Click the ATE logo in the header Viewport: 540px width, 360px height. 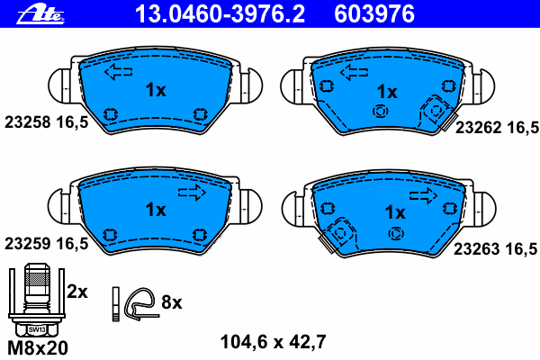point(40,14)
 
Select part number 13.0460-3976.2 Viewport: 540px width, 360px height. point(220,14)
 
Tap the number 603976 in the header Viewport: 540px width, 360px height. point(374,14)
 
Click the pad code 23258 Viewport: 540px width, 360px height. point(28,122)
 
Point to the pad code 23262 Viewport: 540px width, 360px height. point(479,128)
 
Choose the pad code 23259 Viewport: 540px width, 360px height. point(28,244)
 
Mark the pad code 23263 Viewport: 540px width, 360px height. point(477,248)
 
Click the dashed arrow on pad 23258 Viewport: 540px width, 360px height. point(119,72)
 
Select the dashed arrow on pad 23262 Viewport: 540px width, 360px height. point(354,72)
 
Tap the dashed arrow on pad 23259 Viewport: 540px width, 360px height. point(192,193)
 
